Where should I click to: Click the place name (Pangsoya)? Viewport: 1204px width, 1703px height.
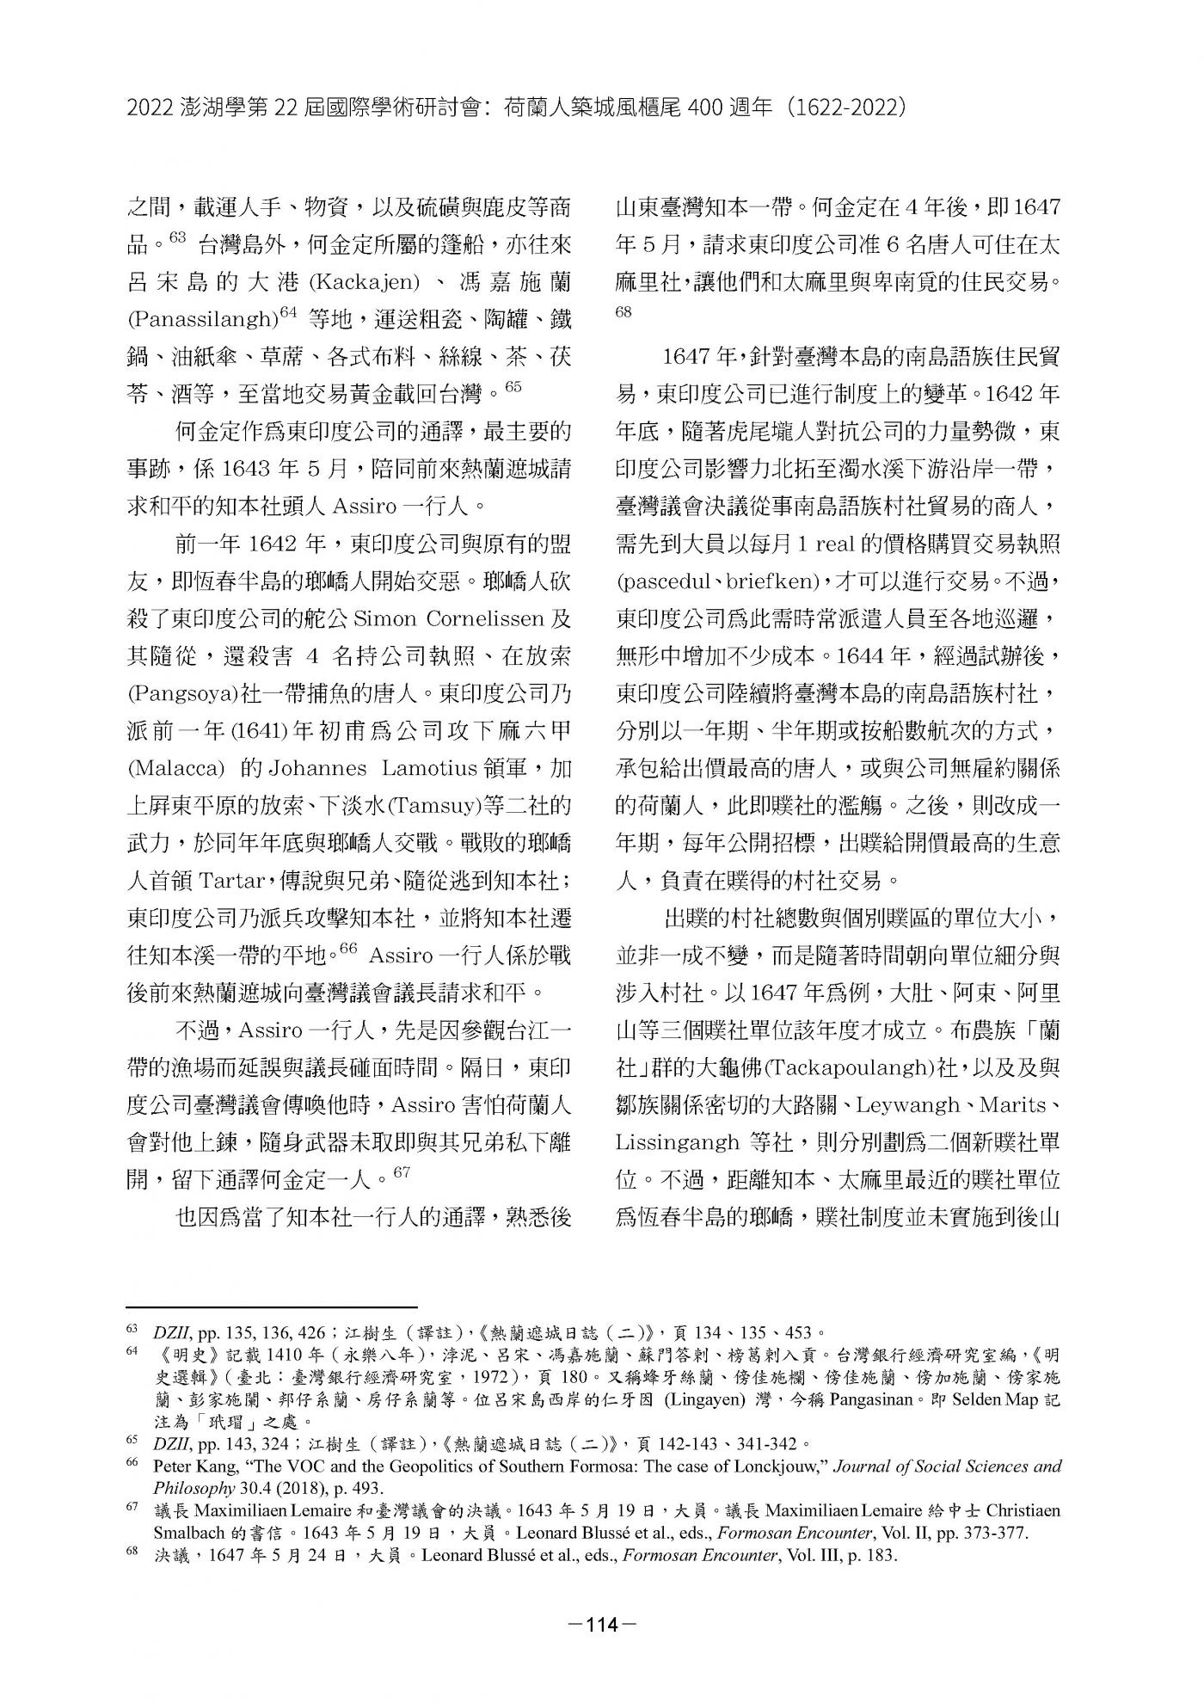click(x=179, y=692)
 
